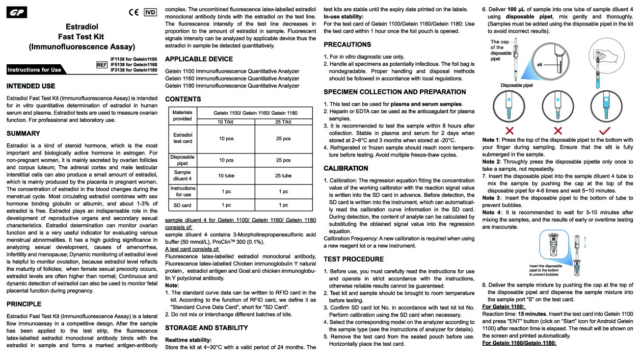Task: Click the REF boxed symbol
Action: [x=101, y=65]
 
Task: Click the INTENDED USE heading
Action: [x=31, y=86]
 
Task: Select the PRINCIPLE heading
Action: [x=24, y=304]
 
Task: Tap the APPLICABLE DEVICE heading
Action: [x=199, y=59]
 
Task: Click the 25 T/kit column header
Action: [x=283, y=121]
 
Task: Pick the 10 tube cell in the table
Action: [x=226, y=175]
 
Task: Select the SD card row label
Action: [x=182, y=205]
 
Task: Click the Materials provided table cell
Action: [x=182, y=115]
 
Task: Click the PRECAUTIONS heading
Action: [x=347, y=45]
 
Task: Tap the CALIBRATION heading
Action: [x=345, y=168]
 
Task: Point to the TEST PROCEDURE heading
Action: [x=354, y=259]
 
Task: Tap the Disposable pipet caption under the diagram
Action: [x=517, y=85]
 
